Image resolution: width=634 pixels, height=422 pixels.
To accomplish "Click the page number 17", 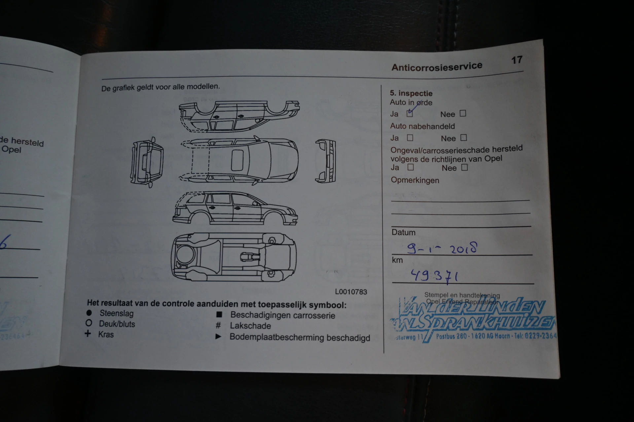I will (517, 60).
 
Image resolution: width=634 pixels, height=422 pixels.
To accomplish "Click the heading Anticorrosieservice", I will (437, 67).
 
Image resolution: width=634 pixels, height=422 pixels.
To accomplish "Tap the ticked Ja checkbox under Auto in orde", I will (410, 114).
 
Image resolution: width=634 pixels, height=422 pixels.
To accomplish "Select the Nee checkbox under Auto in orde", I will (463, 113).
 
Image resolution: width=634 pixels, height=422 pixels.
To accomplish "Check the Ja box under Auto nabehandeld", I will (410, 137).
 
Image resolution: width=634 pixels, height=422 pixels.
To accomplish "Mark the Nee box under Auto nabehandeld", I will (464, 137).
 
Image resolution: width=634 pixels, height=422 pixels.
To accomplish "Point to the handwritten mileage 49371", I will (434, 276).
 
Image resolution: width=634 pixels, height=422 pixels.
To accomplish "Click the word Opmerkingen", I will (415, 180).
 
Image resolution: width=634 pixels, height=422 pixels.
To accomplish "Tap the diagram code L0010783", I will (351, 292).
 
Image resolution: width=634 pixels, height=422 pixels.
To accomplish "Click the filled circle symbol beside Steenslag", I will (89, 313).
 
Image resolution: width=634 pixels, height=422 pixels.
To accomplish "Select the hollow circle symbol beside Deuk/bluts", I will (88, 323).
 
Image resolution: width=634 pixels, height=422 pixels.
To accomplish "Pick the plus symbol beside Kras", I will (88, 334).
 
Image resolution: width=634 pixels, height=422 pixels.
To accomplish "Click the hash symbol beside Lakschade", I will (218, 326).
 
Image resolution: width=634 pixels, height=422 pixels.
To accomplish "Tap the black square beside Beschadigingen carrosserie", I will (219, 315).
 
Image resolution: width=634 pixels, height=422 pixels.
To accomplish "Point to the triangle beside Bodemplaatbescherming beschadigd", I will (218, 337).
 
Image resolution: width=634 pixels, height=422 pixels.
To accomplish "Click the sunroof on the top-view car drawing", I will (237, 160).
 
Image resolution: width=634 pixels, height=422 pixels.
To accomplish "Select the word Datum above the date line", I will (403, 232).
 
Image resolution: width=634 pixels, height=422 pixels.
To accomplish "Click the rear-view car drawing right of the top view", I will (326, 161).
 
